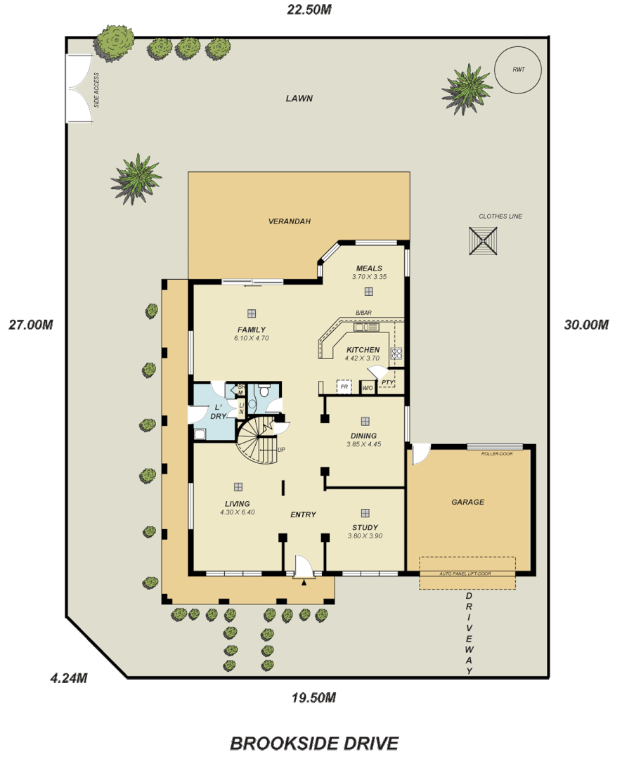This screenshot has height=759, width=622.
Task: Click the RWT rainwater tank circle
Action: pyautogui.click(x=519, y=70)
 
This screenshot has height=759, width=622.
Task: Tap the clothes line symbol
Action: pyautogui.click(x=484, y=242)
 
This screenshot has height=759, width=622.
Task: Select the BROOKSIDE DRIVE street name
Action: pyautogui.click(x=314, y=743)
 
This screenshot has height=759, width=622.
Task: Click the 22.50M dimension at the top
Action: pyautogui.click(x=309, y=9)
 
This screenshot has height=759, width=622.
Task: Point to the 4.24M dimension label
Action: pyautogui.click(x=69, y=678)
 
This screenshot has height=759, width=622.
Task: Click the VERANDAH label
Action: pyautogui.click(x=289, y=221)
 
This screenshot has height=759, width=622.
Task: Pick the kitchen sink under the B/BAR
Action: pyautogui.click(x=365, y=327)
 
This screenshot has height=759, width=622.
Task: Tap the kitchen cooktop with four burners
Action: pyautogui.click(x=396, y=353)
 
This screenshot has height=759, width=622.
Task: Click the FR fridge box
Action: pyautogui.click(x=344, y=387)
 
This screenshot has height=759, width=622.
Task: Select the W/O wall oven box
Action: pyautogui.click(x=367, y=387)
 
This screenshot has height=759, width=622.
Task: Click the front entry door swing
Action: pyautogui.click(x=304, y=566)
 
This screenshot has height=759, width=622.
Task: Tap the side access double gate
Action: pyautogui.click(x=78, y=89)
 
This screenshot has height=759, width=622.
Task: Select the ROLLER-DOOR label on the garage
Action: pyautogui.click(x=496, y=453)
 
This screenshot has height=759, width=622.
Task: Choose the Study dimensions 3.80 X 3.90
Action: pyautogui.click(x=365, y=536)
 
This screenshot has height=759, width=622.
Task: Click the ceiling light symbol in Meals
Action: pyautogui.click(x=368, y=291)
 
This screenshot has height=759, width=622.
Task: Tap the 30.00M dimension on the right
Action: pyautogui.click(x=585, y=325)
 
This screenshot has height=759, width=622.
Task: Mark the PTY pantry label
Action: pyautogui.click(x=387, y=382)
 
